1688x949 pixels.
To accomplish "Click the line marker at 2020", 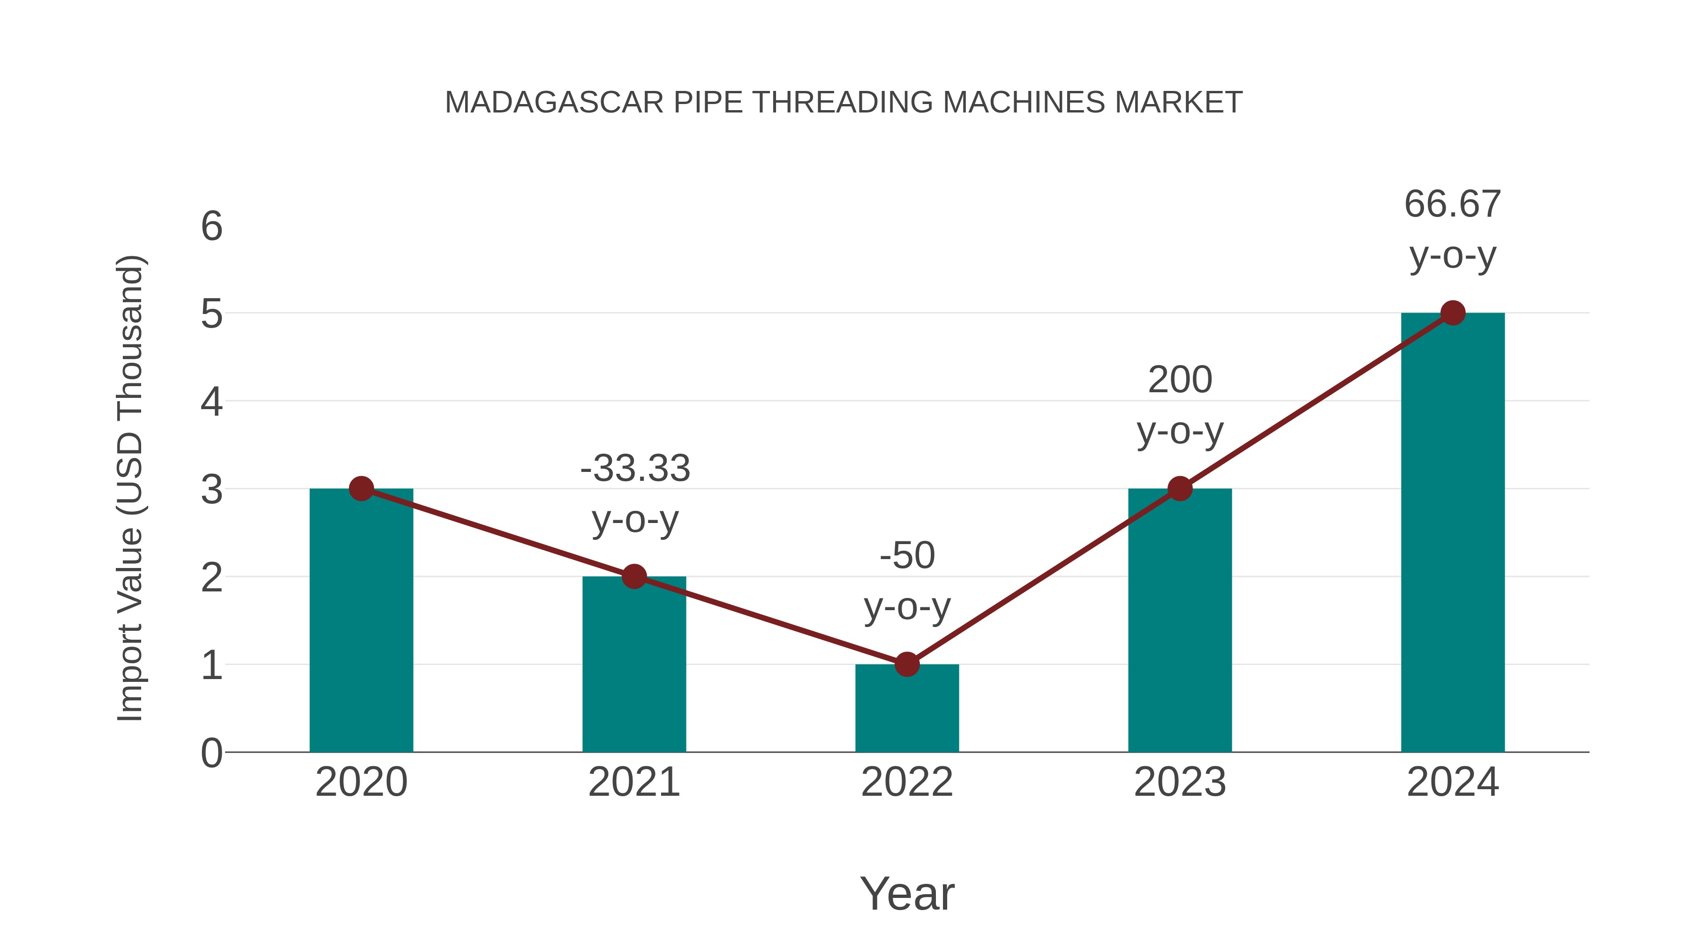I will [x=361, y=489].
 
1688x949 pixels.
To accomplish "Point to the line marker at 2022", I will [x=907, y=664].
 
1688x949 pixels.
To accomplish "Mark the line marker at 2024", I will [x=1453, y=313].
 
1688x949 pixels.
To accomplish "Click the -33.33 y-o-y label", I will [x=635, y=494].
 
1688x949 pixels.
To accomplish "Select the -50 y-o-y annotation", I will [x=907, y=581].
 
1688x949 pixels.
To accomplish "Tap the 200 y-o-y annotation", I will [x=1180, y=405].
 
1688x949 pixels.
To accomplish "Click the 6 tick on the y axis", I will [x=211, y=227].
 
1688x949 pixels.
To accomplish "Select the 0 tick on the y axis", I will [x=211, y=753].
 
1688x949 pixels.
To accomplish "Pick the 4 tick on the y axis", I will [x=211, y=402].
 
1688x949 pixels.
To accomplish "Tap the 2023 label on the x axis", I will [x=1180, y=782].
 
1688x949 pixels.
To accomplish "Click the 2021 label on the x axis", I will [x=633, y=782].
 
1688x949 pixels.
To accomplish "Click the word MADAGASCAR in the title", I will [x=554, y=103].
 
